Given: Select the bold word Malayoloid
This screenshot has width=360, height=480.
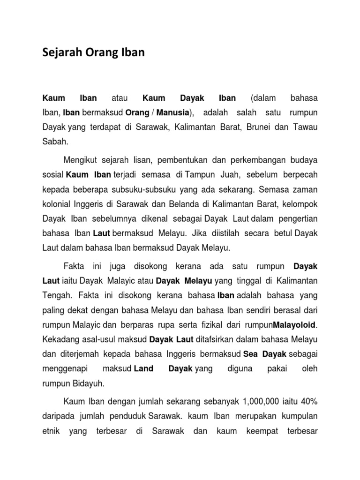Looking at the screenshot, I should pyautogui.click(x=295, y=324).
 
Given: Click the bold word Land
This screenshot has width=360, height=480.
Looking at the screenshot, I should pyautogui.click(x=143, y=368).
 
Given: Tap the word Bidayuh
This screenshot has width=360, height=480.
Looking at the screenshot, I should pyautogui.click(x=90, y=383).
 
